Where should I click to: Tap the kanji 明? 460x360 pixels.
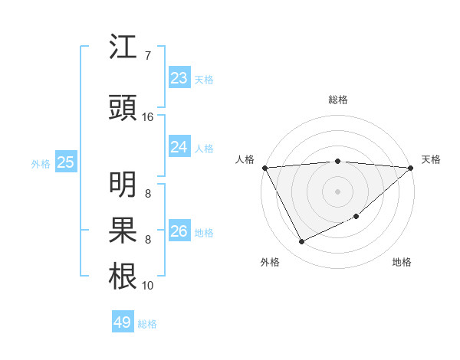[x=123, y=184]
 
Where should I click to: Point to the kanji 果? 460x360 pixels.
[x=123, y=230]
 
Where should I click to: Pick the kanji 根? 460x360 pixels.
[x=123, y=277]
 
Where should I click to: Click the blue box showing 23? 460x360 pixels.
[x=179, y=78]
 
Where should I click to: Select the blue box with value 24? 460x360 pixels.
[x=179, y=146]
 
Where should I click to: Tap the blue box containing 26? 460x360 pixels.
[x=179, y=231]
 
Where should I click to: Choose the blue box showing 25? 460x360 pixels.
[x=66, y=162]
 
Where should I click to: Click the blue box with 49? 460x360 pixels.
[x=123, y=322]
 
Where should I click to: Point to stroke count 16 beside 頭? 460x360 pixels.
[x=149, y=117]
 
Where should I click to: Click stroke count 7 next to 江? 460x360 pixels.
[x=148, y=56]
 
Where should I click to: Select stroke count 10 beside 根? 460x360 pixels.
[x=148, y=286]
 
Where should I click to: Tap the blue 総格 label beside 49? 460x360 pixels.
[x=147, y=324]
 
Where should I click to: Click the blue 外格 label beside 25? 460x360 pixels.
[x=41, y=163]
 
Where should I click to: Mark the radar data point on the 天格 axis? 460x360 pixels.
[x=410, y=168]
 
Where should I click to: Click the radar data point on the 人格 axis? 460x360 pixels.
[x=264, y=168]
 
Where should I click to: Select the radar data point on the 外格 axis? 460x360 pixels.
[x=301, y=241]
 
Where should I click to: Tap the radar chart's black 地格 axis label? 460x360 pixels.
[x=402, y=263]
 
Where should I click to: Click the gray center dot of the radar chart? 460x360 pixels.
[x=337, y=191]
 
